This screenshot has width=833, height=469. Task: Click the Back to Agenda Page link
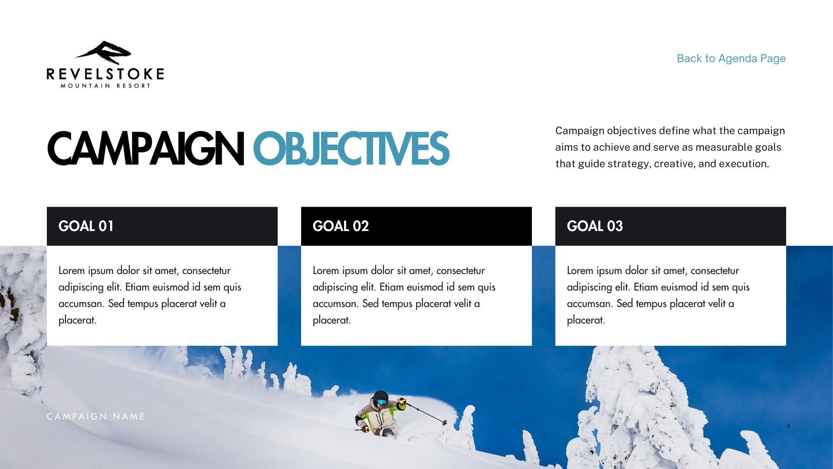[x=731, y=58]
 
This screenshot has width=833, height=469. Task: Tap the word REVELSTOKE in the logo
[x=105, y=74]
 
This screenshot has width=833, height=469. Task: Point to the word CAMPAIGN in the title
[x=146, y=149]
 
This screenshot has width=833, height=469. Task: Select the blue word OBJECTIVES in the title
[x=351, y=149]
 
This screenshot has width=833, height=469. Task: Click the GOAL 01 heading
[x=86, y=226]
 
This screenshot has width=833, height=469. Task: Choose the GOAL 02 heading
[x=341, y=226]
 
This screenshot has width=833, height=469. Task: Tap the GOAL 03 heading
[x=595, y=226]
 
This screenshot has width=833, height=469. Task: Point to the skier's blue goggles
[x=382, y=402]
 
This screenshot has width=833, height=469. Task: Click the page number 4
[x=788, y=426]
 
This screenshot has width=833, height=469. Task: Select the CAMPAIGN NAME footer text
[x=96, y=416]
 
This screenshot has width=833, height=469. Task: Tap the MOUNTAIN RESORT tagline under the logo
[x=105, y=86]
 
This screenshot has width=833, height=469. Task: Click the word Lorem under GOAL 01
[x=72, y=271]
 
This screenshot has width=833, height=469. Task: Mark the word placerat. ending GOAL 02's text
[x=332, y=320]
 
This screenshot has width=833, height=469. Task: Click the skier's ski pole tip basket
[x=445, y=422]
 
